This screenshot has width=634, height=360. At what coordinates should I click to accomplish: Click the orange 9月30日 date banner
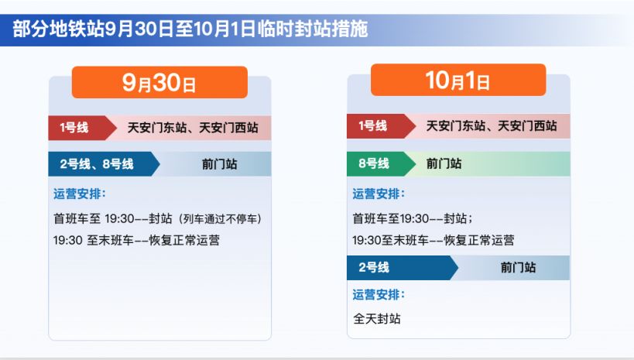[159, 83]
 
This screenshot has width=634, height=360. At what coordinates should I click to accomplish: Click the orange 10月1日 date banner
[458, 81]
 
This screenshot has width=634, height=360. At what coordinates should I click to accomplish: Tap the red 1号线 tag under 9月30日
[75, 127]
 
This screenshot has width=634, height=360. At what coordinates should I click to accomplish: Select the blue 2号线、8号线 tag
[98, 164]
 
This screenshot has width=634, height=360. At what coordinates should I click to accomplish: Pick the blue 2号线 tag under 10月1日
[375, 267]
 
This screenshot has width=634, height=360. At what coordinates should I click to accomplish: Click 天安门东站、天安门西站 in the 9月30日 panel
[193, 127]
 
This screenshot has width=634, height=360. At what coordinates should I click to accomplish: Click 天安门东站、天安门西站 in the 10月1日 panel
[492, 125]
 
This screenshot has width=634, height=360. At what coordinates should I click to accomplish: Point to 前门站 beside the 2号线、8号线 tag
[220, 164]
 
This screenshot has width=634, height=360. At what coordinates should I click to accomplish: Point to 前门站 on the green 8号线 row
[444, 163]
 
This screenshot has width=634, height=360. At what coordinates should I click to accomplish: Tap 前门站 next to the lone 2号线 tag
[518, 267]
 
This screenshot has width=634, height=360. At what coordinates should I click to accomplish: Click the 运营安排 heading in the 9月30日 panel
[80, 193]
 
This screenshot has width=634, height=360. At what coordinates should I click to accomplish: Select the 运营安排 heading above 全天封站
[379, 294]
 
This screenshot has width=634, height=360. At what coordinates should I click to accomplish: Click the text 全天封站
[377, 318]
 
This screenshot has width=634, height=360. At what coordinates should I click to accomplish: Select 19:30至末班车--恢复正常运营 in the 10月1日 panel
[434, 240]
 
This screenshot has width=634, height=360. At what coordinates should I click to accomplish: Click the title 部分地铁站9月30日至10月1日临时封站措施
[190, 29]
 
